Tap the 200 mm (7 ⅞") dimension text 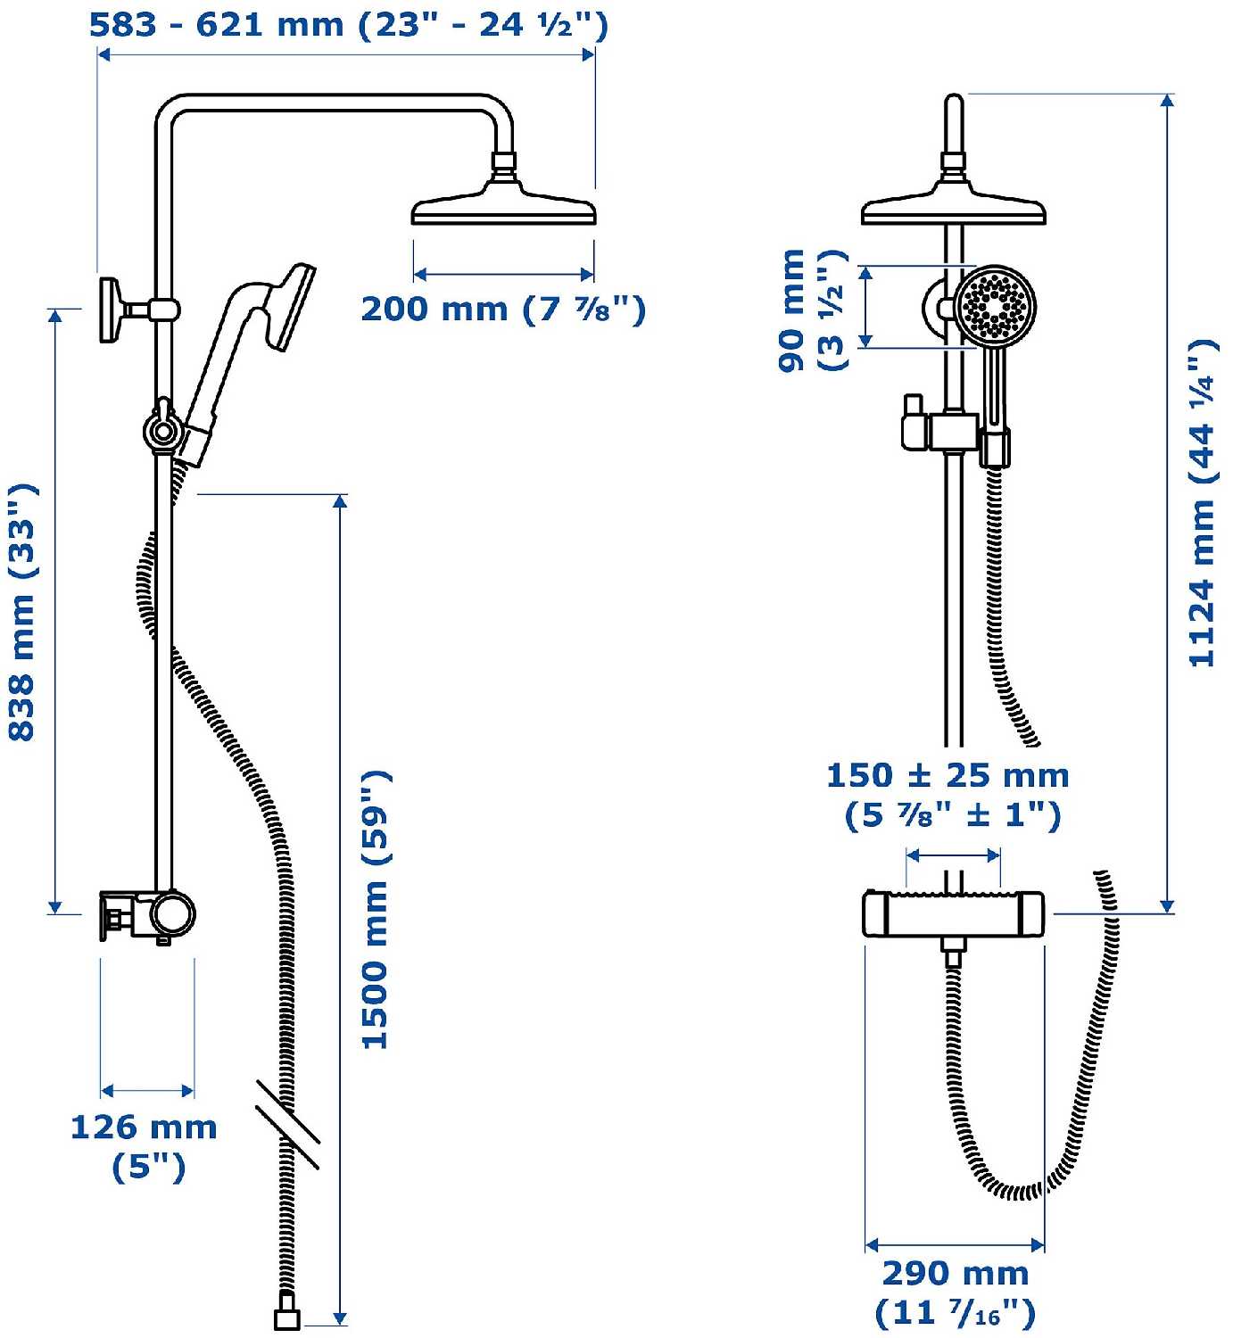[504, 310]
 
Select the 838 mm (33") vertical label [22, 612]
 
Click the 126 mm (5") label [145, 1147]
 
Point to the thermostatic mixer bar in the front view [954, 913]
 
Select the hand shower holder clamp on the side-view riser [162, 430]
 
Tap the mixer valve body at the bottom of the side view [147, 916]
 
